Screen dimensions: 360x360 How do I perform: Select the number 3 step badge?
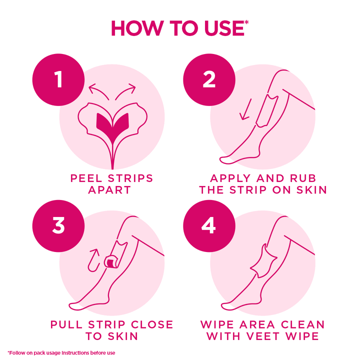[58, 225]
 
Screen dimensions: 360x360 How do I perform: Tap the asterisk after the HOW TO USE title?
[246, 22]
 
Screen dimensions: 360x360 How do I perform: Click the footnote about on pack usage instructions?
[61, 352]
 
